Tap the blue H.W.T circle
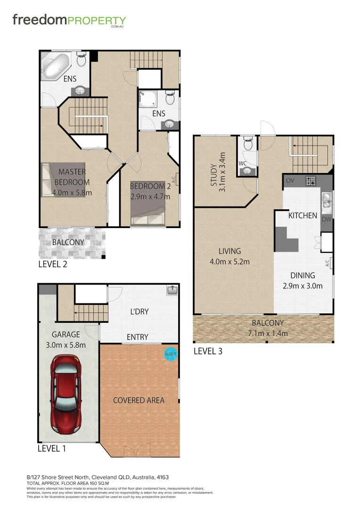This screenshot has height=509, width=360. pos(170,353)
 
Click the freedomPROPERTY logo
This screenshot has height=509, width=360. pos(69,20)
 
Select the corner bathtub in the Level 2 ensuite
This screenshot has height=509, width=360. pos(56,66)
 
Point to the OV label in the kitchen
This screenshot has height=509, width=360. pos(290,180)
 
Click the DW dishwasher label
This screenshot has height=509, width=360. pos(327,220)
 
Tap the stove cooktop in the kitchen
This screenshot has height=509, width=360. pos(311,180)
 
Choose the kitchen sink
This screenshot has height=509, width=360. pos(327,202)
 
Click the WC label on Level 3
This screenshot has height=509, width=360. pos(243,164)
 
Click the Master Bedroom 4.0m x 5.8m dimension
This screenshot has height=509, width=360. pos(72,192)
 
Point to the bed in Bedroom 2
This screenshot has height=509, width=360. pos(148,212)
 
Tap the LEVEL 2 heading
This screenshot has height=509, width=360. pos(52,264)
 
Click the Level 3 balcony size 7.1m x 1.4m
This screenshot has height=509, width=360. pos(268,334)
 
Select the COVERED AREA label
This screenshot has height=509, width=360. pos(139,400)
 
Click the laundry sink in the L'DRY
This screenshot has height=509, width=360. pos(172,291)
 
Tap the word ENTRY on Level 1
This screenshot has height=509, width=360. pos(138,337)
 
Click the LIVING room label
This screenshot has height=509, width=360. pos(229,251)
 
